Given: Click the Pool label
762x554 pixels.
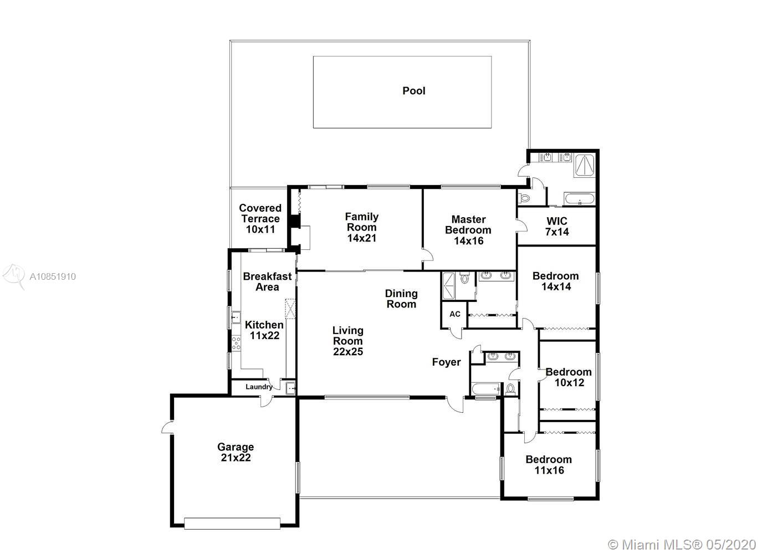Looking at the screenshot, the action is click(413, 91).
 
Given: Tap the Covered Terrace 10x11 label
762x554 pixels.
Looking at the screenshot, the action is click(260, 219).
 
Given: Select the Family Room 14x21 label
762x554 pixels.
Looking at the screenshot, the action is click(362, 228).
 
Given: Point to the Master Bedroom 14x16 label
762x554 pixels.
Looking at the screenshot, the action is click(468, 230).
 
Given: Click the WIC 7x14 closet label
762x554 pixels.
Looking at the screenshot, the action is click(557, 227).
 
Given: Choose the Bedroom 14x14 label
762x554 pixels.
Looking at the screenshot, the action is click(556, 281).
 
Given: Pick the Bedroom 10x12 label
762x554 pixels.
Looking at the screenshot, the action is click(569, 377).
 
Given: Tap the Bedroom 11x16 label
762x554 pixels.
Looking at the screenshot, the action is click(549, 465).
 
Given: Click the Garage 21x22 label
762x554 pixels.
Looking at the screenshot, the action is click(236, 452).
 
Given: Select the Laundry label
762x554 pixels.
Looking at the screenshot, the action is click(259, 387).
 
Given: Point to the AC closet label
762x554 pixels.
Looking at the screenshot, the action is click(455, 314).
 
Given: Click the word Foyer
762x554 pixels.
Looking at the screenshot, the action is click(446, 362).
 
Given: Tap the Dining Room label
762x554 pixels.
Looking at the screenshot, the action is click(401, 299).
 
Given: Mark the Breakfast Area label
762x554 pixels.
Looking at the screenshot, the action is click(267, 281).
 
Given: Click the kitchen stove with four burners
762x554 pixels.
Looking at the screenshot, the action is click(236, 343).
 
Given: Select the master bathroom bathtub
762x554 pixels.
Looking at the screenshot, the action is click(579, 199).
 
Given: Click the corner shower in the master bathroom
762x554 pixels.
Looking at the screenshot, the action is click(585, 166).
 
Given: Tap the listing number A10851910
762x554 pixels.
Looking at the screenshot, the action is click(53, 276).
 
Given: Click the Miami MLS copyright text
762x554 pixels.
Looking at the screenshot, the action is click(682, 545).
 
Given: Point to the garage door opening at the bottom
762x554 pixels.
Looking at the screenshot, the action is click(232, 524).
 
